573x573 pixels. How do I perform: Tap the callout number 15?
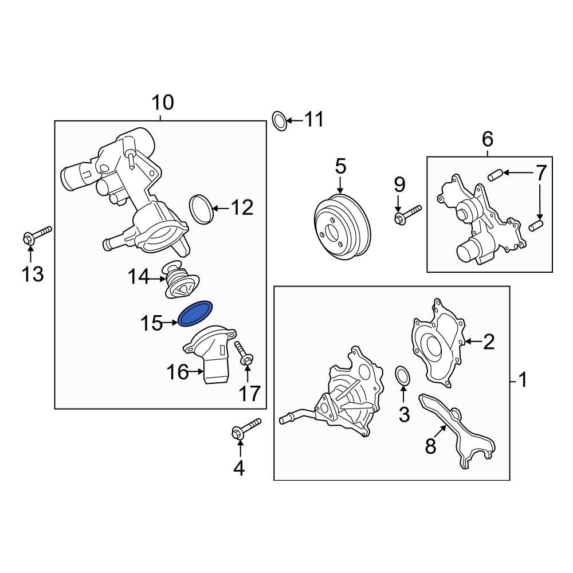pos(152,324)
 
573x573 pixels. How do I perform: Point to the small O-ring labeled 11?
pos(278,121)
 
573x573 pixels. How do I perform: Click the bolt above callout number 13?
pos(36,236)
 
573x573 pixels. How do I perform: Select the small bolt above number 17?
pos(243,354)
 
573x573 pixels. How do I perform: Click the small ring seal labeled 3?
pos(403,375)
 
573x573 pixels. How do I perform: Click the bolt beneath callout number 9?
pos(406,215)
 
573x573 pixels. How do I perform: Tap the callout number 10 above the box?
pos(162,103)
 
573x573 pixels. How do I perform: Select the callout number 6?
pos(487,139)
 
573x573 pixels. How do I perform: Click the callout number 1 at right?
pos(522,379)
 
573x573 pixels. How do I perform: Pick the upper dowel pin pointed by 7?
pos(494,174)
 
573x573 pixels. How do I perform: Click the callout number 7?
pos(541,172)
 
